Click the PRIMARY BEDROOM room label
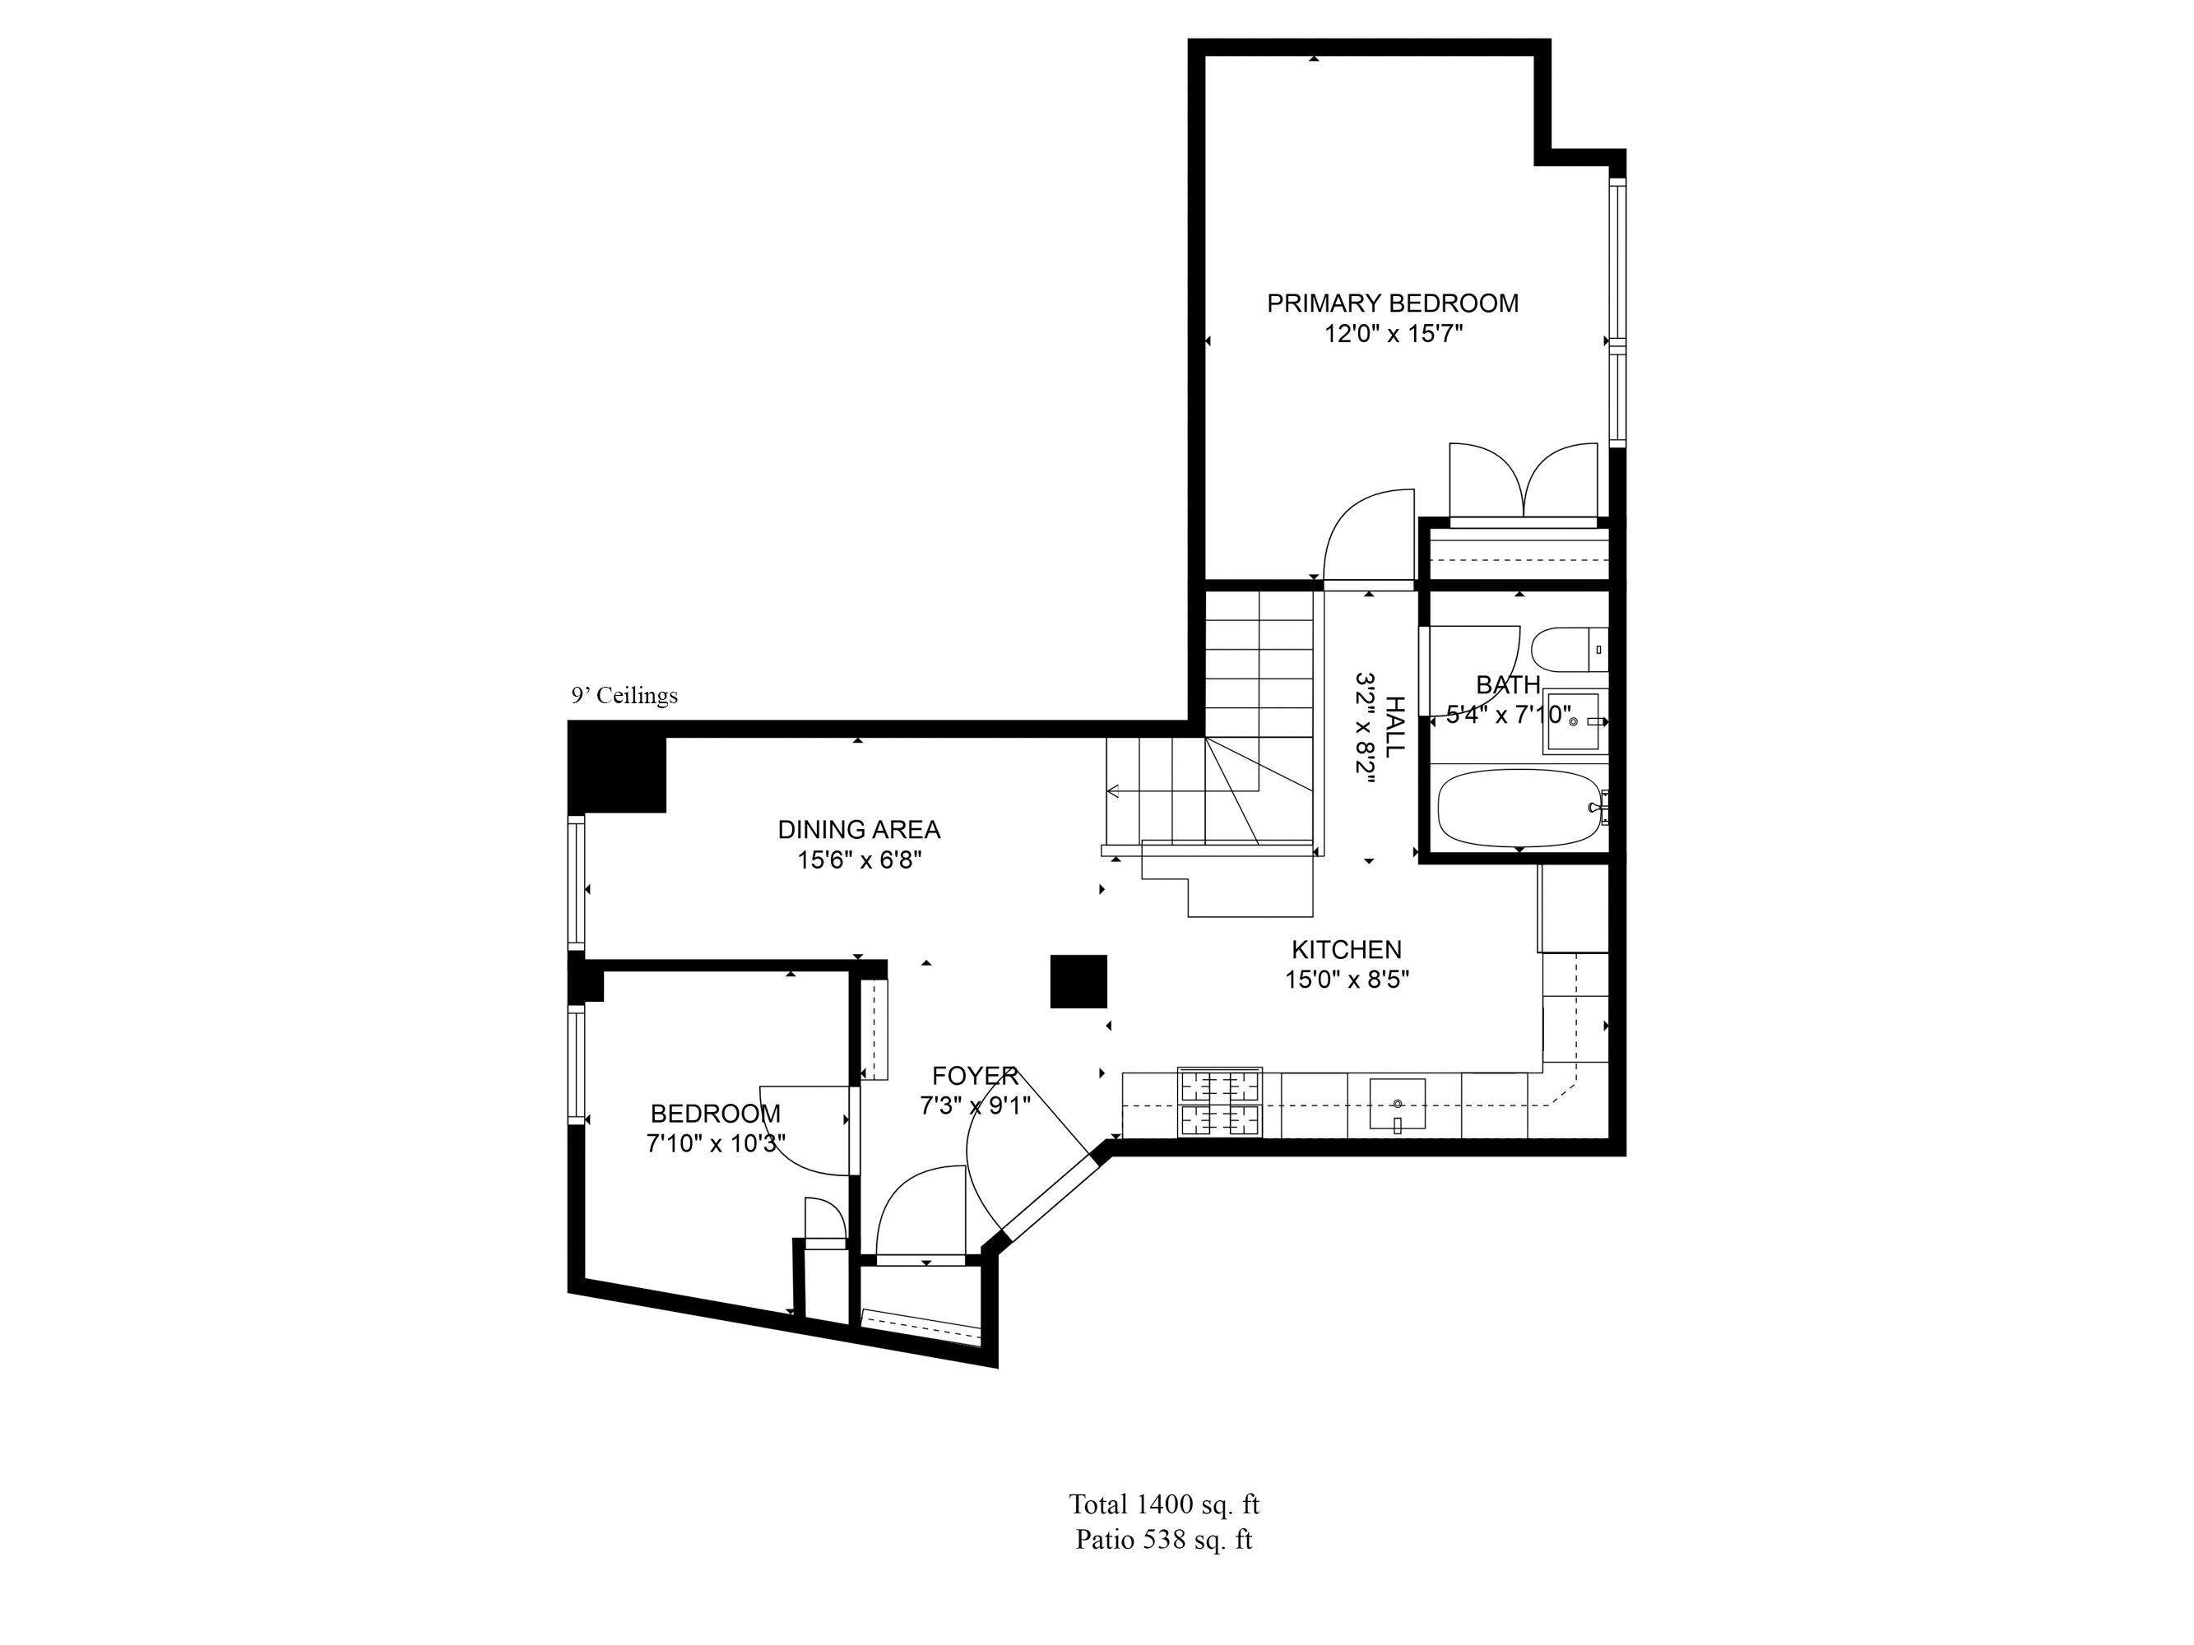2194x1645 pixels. coord(1392,304)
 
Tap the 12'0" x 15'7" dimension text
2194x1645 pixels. coord(1394,335)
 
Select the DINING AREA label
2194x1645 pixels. coord(858,829)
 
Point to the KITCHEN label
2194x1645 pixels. coord(1346,949)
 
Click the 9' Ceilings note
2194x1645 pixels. coord(624,696)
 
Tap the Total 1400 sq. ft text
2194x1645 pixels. coord(1163,1504)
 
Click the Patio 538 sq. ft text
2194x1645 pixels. coord(1163,1540)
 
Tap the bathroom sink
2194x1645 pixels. coord(1573,722)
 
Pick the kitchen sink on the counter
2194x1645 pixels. coord(1397,1104)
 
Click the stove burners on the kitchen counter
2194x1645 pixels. coord(1219,1103)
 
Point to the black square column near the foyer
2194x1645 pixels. coord(1078,981)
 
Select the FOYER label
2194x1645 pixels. coord(974,1076)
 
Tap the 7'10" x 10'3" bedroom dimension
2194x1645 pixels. coord(715,1144)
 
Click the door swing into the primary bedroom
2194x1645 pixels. coord(1366,535)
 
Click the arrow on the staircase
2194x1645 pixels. coord(1114,791)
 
